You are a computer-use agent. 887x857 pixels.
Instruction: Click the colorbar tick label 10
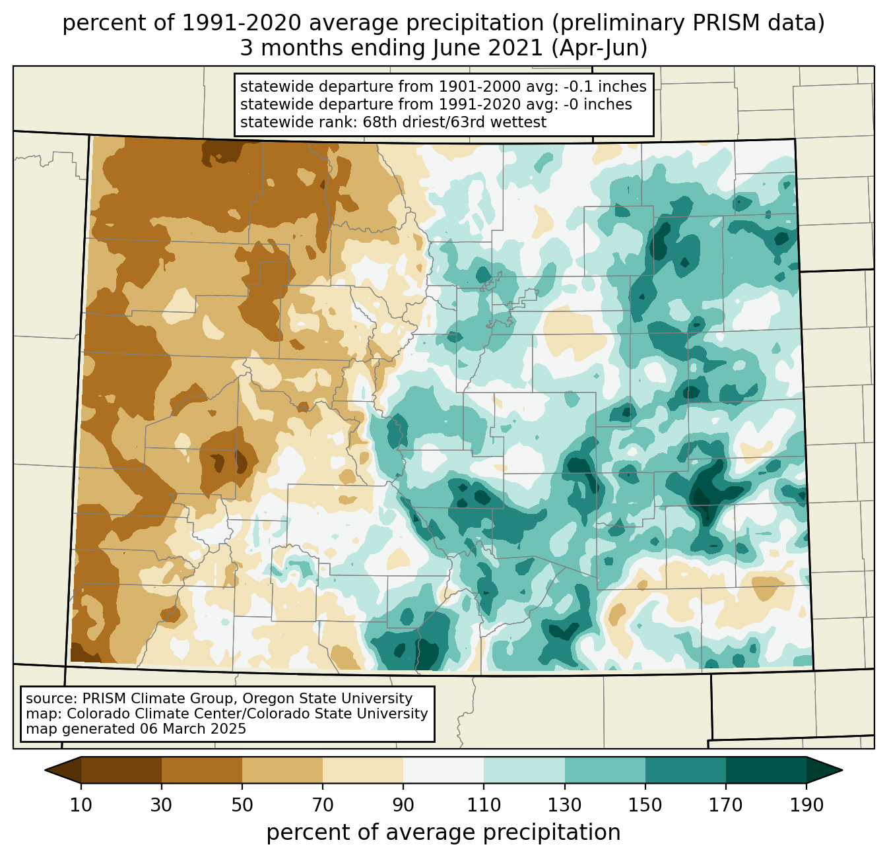81,806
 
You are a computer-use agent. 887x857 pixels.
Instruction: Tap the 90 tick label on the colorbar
403,806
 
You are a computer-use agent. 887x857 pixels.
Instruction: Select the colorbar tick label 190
806,806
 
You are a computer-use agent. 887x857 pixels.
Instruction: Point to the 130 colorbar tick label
564,806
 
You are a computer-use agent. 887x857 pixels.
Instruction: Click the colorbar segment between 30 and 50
202,770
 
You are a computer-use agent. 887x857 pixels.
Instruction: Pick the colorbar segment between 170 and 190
766,770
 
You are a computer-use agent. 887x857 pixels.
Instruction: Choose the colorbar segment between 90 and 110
443,770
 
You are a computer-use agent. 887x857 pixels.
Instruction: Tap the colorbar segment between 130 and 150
605,770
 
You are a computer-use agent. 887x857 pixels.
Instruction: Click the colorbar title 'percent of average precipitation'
443,833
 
